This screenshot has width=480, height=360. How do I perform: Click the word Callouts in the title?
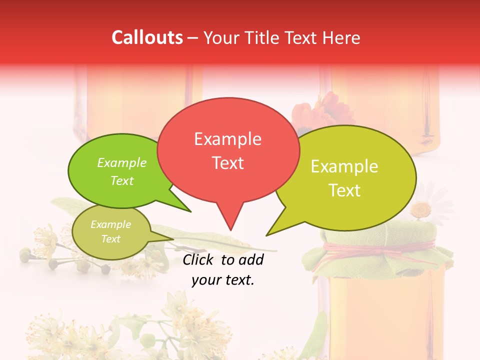(x=147, y=38)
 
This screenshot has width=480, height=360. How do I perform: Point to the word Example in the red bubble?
(x=227, y=139)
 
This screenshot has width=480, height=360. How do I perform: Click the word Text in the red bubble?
(x=227, y=163)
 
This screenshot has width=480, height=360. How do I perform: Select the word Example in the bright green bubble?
(x=121, y=163)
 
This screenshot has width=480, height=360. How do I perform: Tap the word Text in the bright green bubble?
(x=121, y=180)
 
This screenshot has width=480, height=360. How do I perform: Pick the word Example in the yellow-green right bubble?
(x=344, y=166)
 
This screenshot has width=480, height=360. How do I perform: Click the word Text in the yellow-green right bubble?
(x=344, y=190)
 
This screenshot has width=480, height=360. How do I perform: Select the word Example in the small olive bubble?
(x=110, y=224)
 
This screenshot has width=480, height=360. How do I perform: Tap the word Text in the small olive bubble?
(x=110, y=239)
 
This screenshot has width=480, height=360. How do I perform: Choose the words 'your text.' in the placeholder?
(x=222, y=280)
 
